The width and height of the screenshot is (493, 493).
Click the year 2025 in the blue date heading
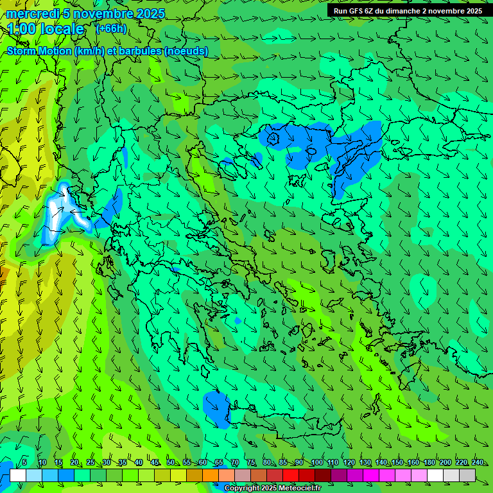[146, 13]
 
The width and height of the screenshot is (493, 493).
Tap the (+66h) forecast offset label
[111, 29]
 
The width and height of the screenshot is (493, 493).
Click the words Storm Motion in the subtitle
[39, 51]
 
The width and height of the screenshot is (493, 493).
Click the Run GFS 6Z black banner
[408, 11]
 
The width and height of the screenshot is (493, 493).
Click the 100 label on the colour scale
[316, 463]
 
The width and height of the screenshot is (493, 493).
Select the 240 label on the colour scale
[477, 463]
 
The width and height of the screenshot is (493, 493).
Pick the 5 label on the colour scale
[24, 463]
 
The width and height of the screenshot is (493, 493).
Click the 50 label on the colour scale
[171, 463]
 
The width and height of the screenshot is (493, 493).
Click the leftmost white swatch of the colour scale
[18, 475]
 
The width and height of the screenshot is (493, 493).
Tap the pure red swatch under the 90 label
[291, 475]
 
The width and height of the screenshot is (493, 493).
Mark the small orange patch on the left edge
[3, 275]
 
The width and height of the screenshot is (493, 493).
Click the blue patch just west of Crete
[217, 408]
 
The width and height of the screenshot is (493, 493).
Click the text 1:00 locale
[46, 29]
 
